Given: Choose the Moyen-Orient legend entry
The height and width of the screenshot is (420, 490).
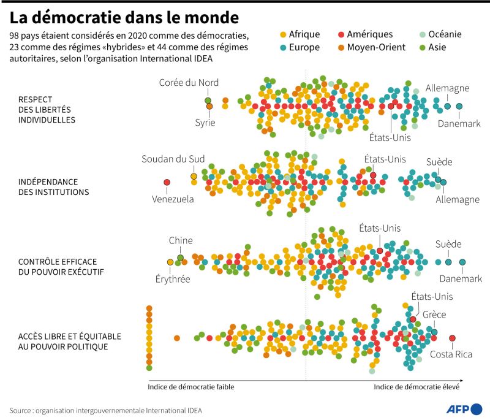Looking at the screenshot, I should (371, 47).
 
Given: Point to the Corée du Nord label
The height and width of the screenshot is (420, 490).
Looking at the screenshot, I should (189, 83).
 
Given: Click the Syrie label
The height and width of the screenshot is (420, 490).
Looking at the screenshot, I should (205, 122).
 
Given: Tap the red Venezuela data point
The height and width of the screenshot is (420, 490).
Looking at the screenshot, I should (167, 182).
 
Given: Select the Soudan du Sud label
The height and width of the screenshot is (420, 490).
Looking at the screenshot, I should (173, 159).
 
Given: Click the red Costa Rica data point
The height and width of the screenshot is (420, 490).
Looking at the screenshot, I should (452, 338).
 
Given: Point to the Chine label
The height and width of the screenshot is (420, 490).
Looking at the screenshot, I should (181, 240).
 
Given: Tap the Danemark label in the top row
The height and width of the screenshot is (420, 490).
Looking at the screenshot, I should (459, 123).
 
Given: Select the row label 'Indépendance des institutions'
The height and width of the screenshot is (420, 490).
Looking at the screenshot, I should (53, 187).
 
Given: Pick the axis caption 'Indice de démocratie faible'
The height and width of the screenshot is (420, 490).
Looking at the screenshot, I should (190, 387).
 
